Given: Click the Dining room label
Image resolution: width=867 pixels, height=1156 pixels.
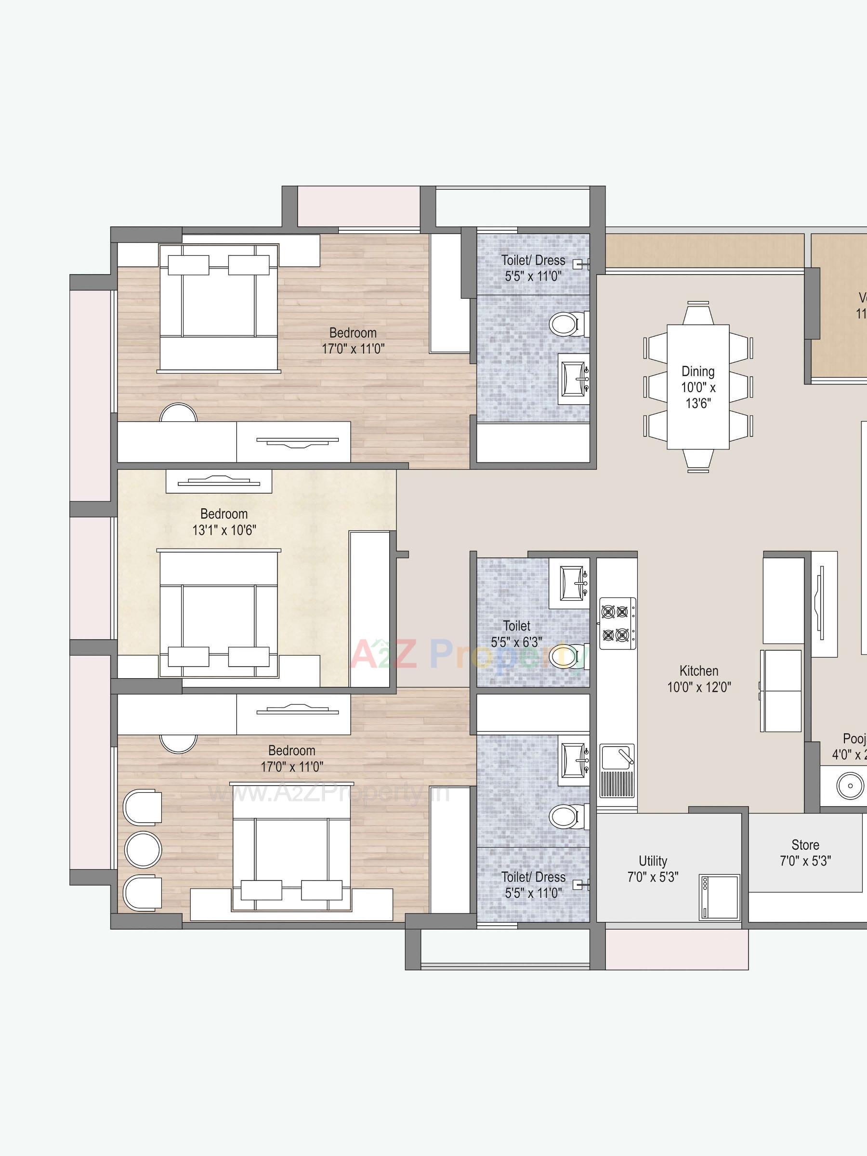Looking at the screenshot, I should pos(698,387).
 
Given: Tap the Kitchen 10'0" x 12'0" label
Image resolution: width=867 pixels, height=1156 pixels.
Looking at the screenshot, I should pos(699,678).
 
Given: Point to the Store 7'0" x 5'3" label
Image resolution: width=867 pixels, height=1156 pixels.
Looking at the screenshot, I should pos(805,853).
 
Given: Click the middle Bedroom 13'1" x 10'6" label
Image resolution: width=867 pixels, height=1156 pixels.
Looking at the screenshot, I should pos(223,522).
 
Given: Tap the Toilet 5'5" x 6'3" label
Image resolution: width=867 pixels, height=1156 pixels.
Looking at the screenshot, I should pos(516,633).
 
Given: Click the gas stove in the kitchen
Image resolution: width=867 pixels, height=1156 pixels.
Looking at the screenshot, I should pos(617,623).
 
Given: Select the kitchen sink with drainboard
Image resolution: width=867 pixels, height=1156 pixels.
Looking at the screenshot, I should pos(617,770).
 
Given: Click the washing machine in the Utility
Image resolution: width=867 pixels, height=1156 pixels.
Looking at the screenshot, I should pos(720,897).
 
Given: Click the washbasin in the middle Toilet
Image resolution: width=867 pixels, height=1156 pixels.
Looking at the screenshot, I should pos(572,582).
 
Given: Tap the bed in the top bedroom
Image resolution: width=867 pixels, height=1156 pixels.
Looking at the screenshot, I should pos(219,307).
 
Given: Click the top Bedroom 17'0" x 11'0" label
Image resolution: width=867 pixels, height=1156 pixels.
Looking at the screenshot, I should pos(353,340).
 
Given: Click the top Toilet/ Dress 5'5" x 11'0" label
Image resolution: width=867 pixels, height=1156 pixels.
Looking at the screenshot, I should pos(533,268).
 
